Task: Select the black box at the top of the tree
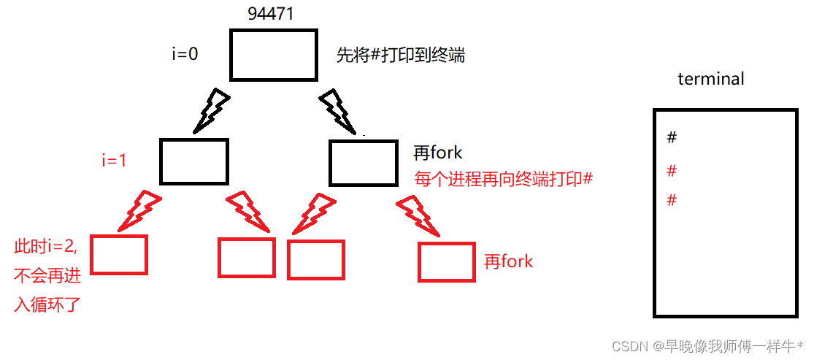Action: [x=274, y=55]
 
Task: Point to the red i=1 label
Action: [x=115, y=161]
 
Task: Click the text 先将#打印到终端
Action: [x=400, y=55]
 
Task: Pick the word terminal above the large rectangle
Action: [x=710, y=79]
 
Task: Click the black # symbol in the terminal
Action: [x=672, y=137]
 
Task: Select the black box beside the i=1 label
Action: [x=194, y=161]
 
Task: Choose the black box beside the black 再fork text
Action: [x=362, y=161]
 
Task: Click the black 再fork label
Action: [x=438, y=153]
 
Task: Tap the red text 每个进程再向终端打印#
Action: [x=502, y=179]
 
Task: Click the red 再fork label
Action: [x=509, y=261]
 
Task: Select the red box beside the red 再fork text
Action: [x=447, y=262]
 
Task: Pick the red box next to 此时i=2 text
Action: [x=119, y=254]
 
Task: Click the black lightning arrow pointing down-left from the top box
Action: [x=211, y=111]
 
